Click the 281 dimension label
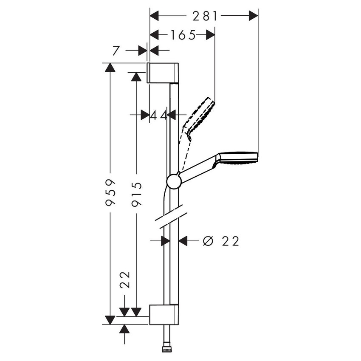pyautogui.click(x=205, y=16)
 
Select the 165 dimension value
pyautogui.click(x=183, y=35)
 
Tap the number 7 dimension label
pyautogui.click(x=116, y=51)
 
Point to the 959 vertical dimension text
pyautogui.click(x=110, y=192)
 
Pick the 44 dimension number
pyautogui.click(x=158, y=115)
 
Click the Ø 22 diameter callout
pyautogui.click(x=221, y=241)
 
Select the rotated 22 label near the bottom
pyautogui.click(x=125, y=280)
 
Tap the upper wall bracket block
pyautogui.click(x=163, y=73)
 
